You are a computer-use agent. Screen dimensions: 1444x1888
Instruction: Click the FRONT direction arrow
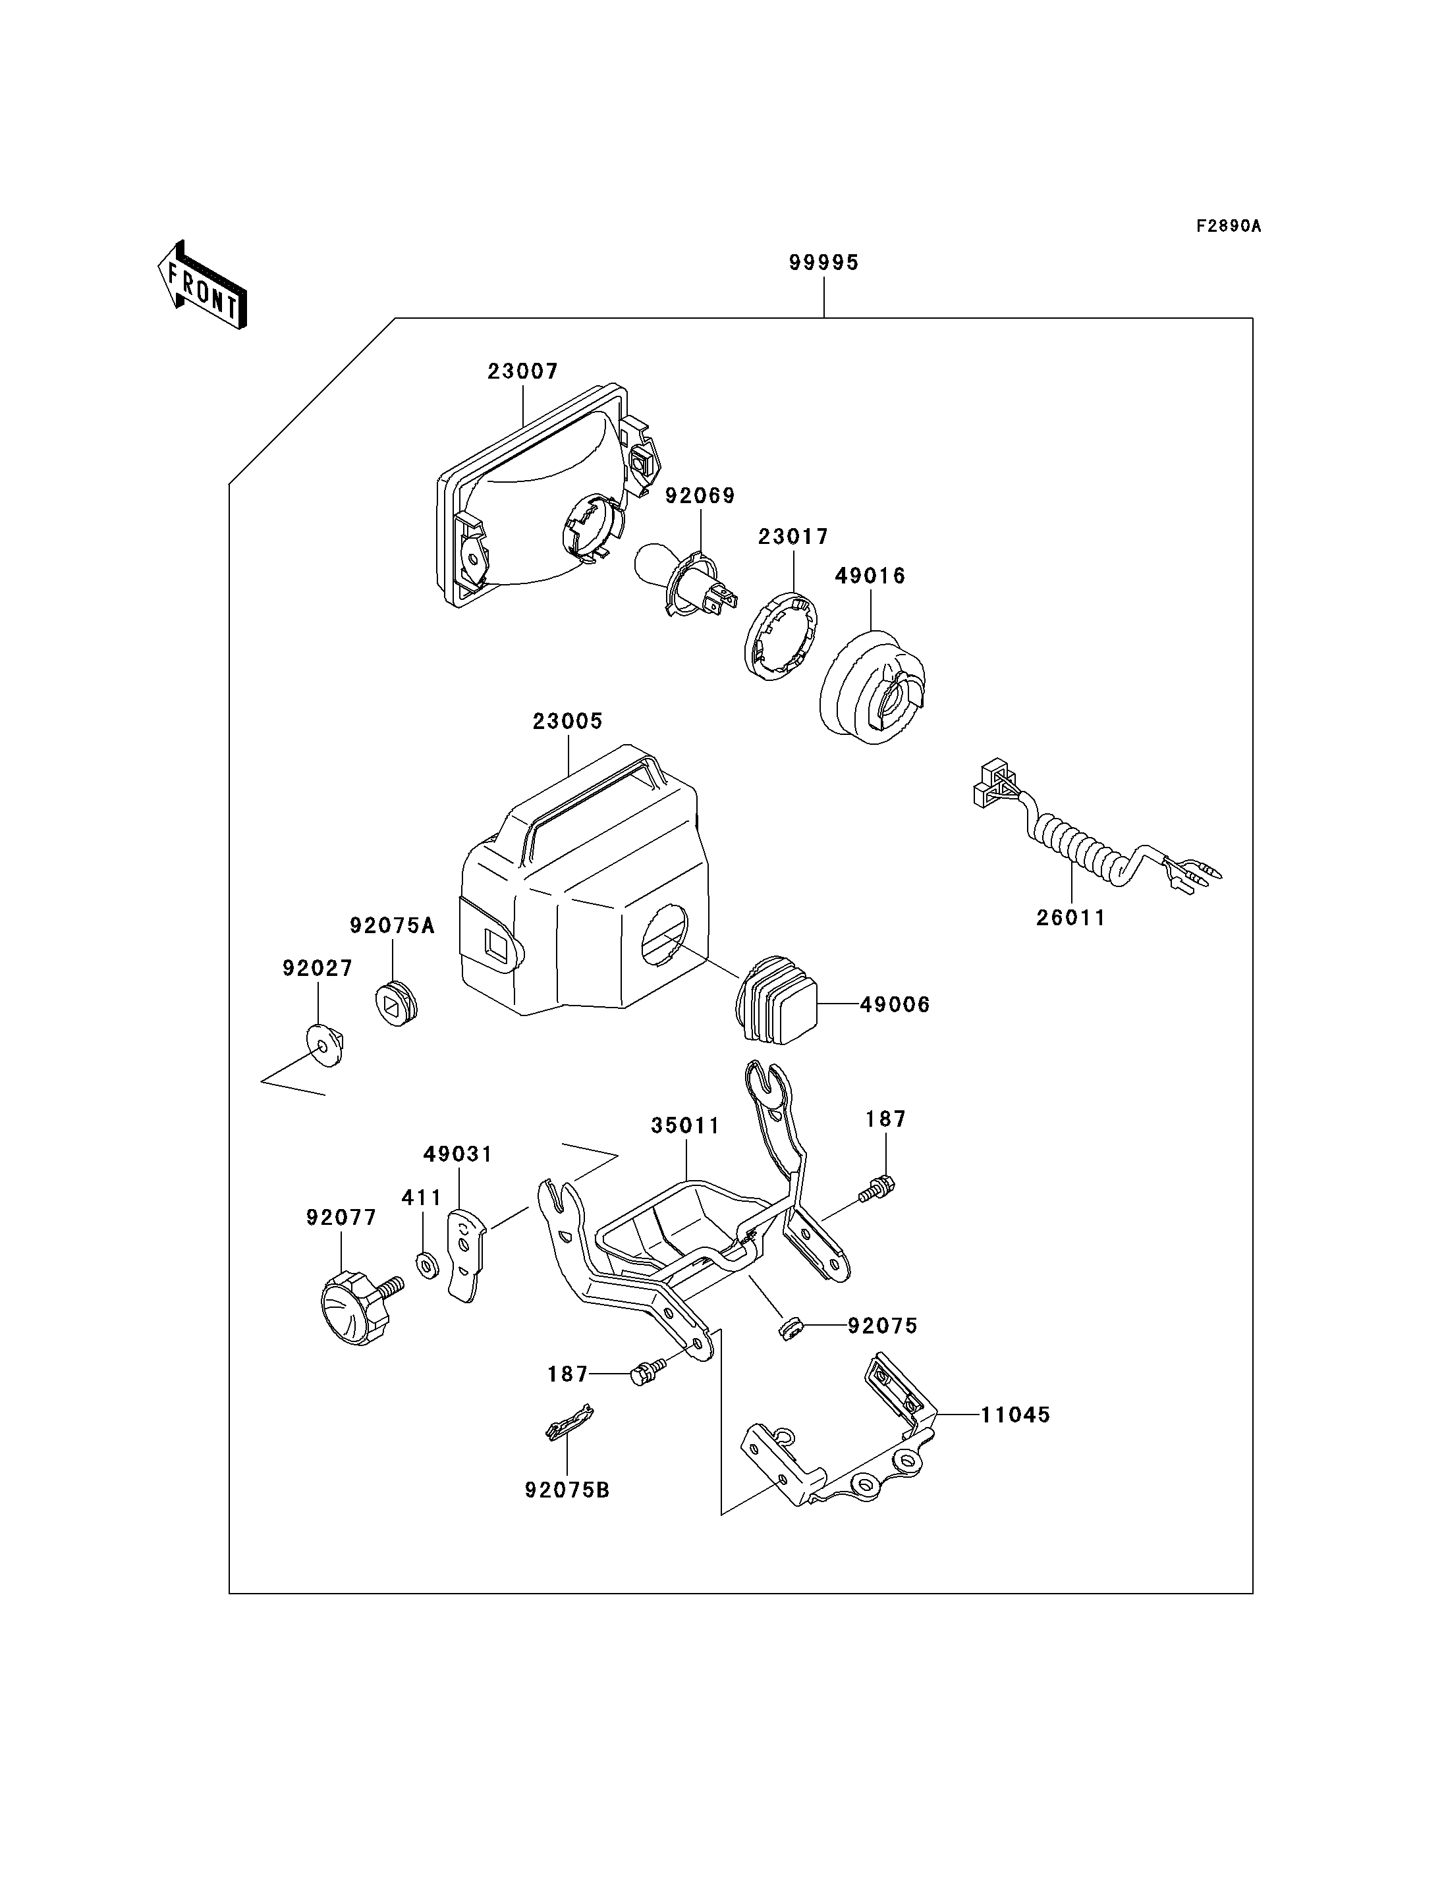coord(203,285)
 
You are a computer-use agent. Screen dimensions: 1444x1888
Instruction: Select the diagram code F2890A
coord(1229,226)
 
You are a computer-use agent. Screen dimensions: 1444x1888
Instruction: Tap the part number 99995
coord(823,262)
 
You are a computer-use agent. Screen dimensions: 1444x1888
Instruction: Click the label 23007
coord(522,371)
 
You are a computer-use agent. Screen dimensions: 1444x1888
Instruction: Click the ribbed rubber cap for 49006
coord(776,998)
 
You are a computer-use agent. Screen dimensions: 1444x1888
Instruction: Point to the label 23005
coord(567,721)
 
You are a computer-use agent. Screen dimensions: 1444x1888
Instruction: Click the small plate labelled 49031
coord(466,1256)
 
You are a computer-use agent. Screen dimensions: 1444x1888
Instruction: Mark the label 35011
coord(685,1125)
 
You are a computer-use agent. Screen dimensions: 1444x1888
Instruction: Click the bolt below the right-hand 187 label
coord(877,1189)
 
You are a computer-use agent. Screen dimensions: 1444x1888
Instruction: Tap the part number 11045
coord(1015,1415)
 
